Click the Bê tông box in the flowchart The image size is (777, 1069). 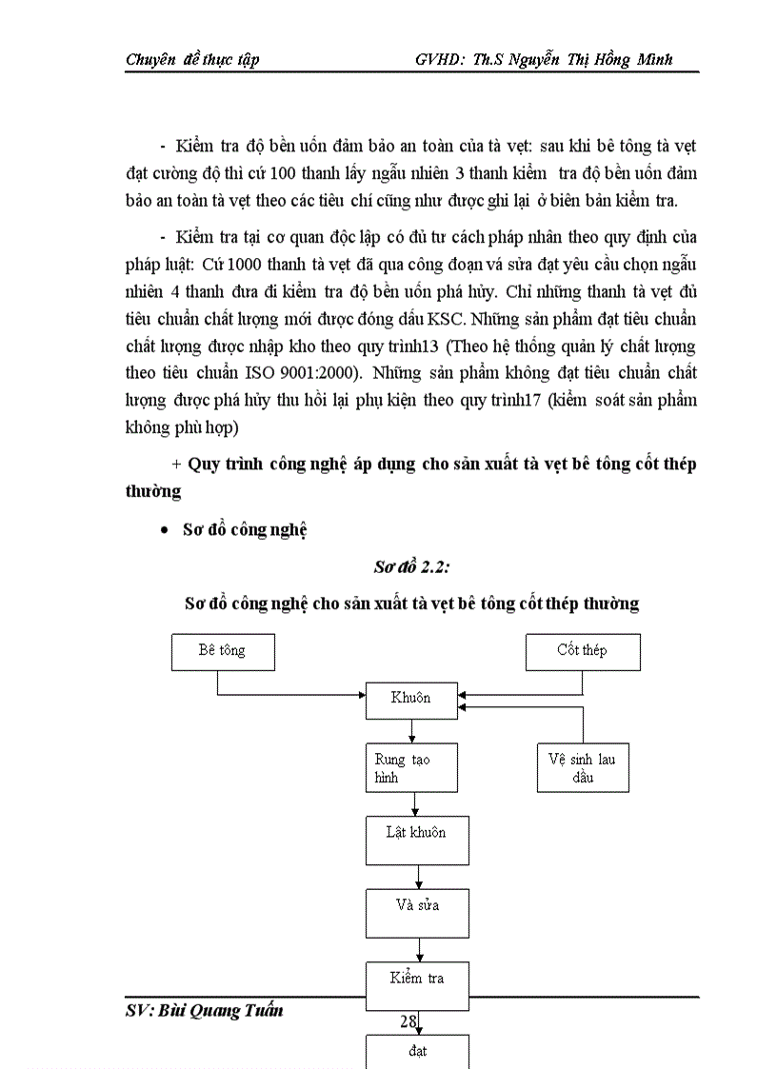tap(222, 651)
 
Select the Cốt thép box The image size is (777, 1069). tap(581, 651)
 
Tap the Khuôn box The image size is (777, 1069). tap(410, 699)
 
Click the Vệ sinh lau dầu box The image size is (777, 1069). tap(581, 768)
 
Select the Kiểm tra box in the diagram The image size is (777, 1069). tap(416, 979)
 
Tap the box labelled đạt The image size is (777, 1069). tap(416, 1051)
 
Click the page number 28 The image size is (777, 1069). tap(408, 1021)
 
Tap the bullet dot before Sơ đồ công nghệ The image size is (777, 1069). tap(165, 531)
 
